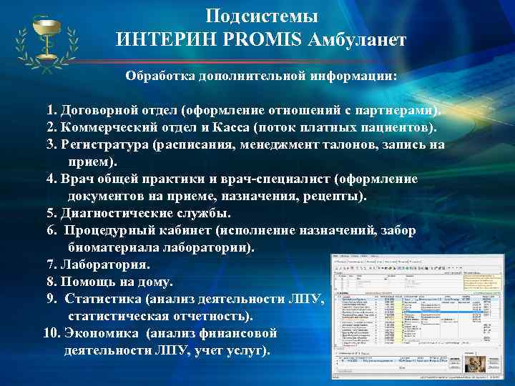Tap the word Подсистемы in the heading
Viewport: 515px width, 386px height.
tap(262, 16)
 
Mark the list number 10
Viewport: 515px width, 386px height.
tap(51, 333)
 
